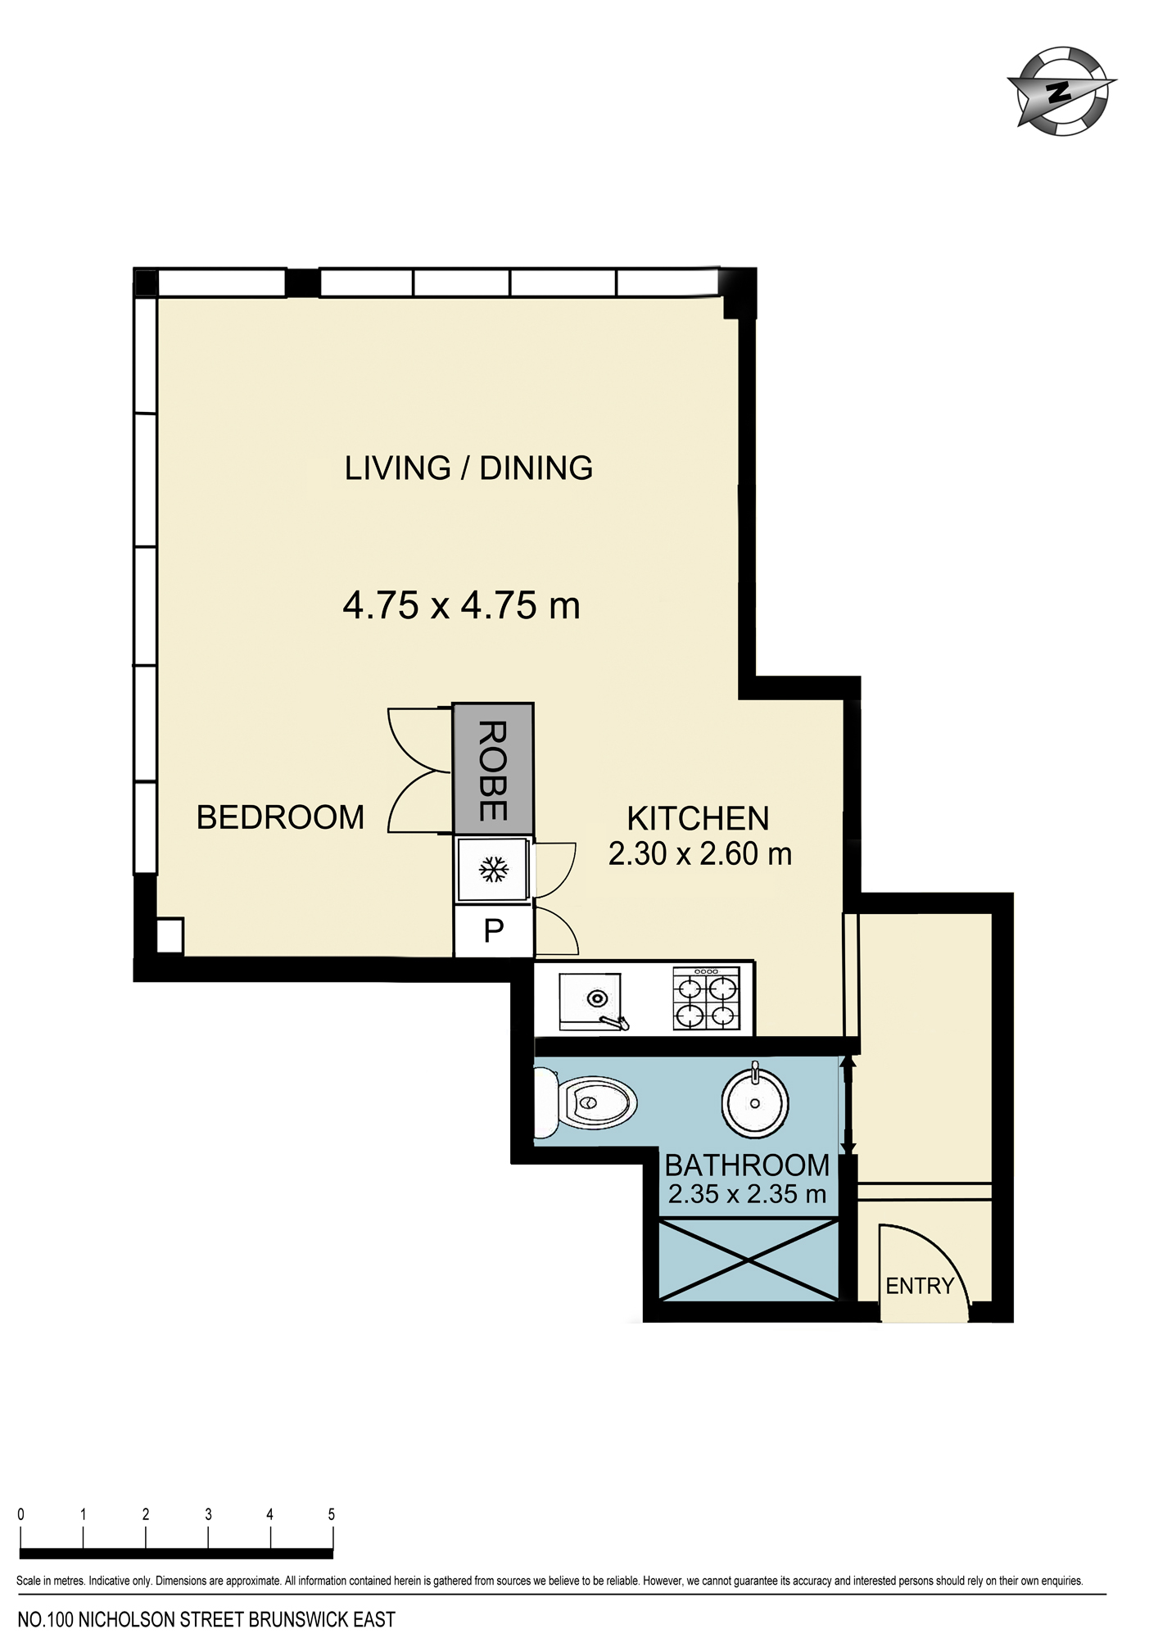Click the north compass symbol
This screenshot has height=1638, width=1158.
(1061, 91)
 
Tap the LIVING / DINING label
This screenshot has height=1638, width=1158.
(468, 468)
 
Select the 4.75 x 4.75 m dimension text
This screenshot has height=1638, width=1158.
(461, 606)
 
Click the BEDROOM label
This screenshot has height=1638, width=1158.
(280, 817)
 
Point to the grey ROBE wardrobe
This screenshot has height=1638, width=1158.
(494, 769)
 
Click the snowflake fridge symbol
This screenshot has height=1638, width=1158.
(493, 869)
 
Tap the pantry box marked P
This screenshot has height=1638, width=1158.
(494, 930)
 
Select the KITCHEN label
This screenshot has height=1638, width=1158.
(698, 818)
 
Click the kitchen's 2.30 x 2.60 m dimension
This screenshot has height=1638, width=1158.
(700, 853)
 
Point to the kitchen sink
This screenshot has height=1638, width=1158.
(592, 1001)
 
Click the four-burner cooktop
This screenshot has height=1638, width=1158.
(707, 998)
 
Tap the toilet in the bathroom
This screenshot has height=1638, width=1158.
(585, 1103)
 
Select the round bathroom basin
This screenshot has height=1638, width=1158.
(755, 1102)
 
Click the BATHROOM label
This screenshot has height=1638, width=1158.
(747, 1165)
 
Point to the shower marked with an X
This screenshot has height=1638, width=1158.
(749, 1260)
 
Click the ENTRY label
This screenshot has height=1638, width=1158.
(920, 1286)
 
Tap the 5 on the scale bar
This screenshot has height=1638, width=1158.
(332, 1514)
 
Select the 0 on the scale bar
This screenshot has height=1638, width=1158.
(21, 1514)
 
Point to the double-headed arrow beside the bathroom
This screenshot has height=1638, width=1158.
(848, 1105)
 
